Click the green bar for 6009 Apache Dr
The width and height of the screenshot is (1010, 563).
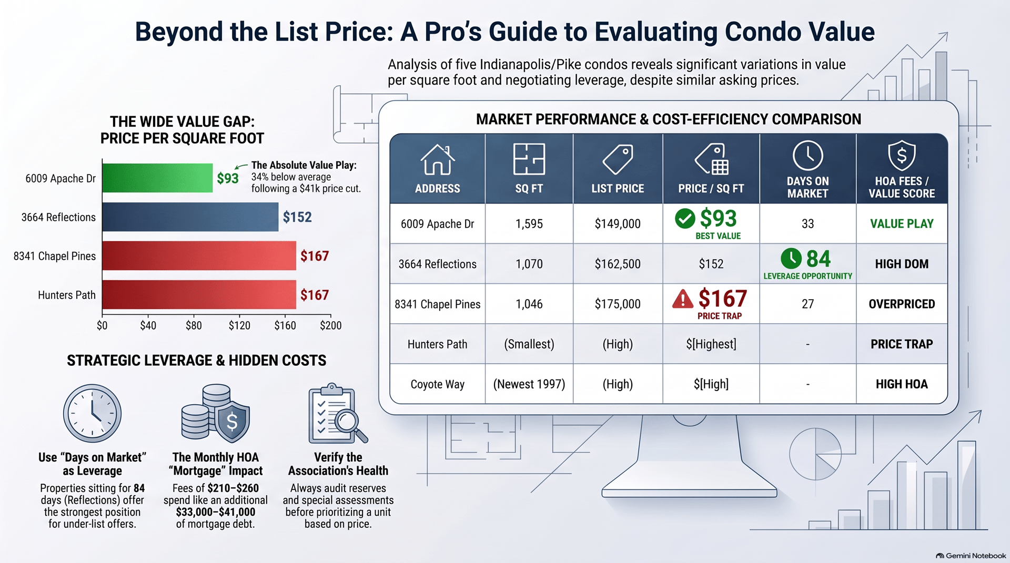(x=157, y=178)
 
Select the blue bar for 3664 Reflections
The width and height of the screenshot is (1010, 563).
(x=190, y=217)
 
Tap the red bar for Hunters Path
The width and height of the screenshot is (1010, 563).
(x=199, y=294)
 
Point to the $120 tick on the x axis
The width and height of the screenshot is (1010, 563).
(x=239, y=325)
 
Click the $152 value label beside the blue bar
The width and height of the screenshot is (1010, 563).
(x=297, y=217)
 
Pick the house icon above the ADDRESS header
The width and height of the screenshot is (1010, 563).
(x=437, y=159)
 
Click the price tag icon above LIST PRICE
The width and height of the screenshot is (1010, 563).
(x=618, y=159)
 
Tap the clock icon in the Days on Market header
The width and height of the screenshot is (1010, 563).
(x=807, y=156)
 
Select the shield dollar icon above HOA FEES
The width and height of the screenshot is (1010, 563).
(x=902, y=156)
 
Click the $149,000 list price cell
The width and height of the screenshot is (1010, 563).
(x=618, y=224)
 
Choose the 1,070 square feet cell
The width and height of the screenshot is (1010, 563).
(x=529, y=264)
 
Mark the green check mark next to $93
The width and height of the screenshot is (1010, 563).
(x=685, y=218)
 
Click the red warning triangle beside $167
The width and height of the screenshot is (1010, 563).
(x=683, y=299)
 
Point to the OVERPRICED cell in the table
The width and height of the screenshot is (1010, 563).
(x=902, y=304)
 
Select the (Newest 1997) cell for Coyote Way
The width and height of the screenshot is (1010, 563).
(x=529, y=384)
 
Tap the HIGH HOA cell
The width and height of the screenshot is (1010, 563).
(x=902, y=384)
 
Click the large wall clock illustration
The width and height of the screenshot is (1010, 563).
(x=92, y=413)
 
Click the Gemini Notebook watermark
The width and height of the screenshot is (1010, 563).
(x=971, y=556)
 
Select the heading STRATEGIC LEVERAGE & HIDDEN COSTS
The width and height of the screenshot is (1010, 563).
(x=196, y=360)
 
